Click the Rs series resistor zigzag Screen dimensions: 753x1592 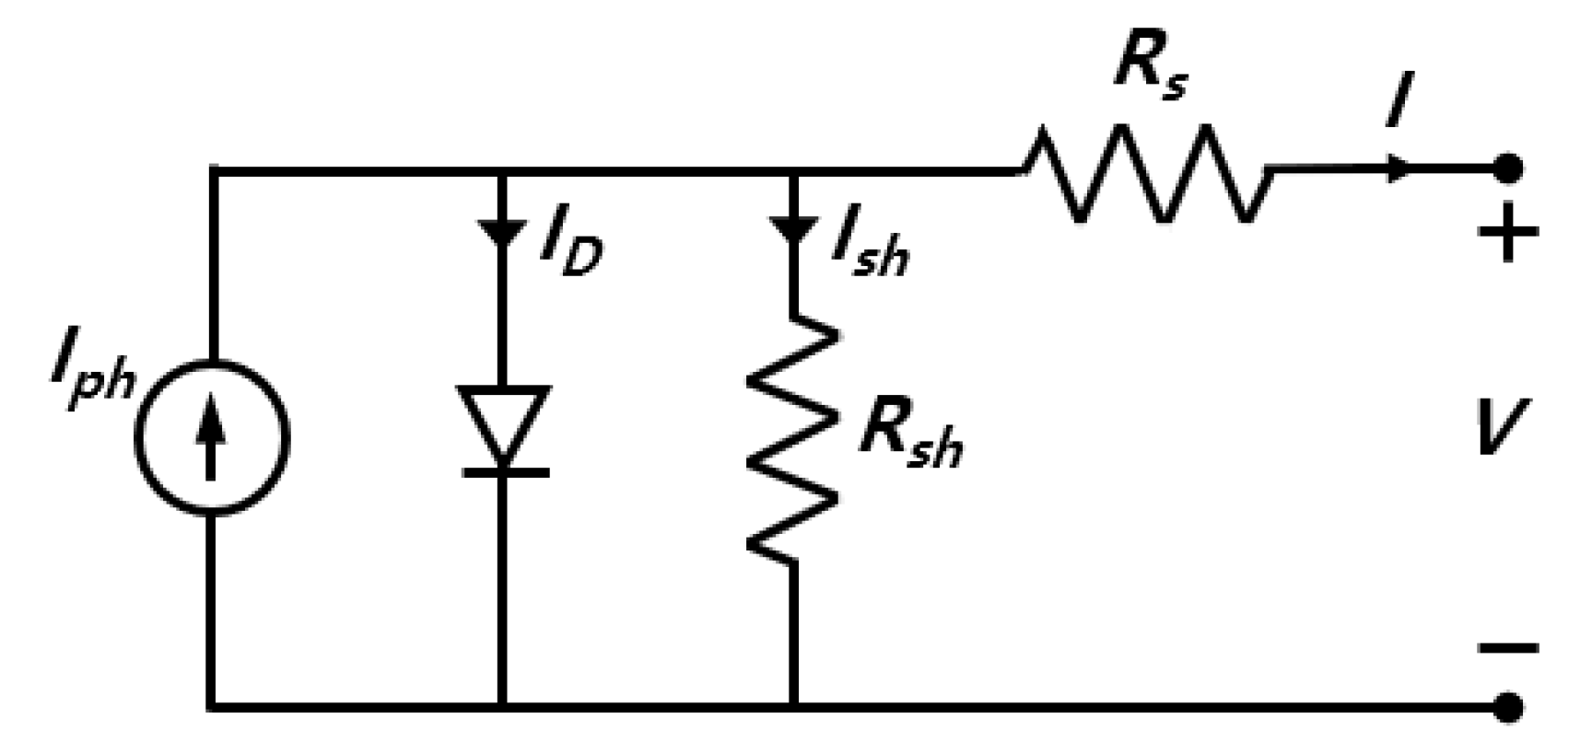coord(1147,173)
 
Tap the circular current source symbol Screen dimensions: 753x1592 coord(212,437)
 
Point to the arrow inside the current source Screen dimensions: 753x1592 coord(212,440)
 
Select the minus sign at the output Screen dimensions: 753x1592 coord(1508,648)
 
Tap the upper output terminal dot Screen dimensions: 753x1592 coord(1507,169)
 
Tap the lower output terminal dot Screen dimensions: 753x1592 coord(1507,707)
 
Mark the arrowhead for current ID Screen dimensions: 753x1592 coord(502,230)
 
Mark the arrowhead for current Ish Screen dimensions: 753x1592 coord(792,230)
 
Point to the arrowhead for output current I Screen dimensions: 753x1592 coord(1399,168)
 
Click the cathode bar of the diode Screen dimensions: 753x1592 coord(504,472)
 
